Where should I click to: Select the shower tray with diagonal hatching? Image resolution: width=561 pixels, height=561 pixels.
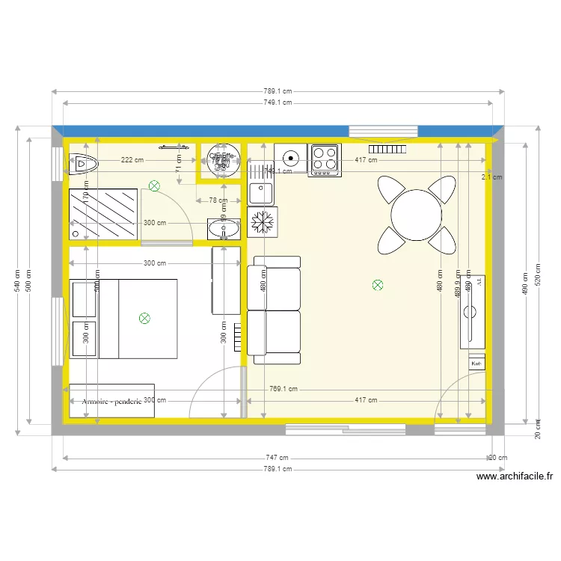tap(103, 215)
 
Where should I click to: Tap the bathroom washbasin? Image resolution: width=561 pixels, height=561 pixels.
tap(224, 228)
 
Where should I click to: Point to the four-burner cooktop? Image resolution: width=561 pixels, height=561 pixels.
tap(325, 159)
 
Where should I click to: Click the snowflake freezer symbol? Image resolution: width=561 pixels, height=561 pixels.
tap(263, 222)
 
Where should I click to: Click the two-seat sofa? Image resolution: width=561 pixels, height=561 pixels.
tap(275, 310)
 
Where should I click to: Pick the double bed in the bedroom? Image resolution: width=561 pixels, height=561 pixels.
tap(123, 319)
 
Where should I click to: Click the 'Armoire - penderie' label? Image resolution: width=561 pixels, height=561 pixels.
tap(112, 401)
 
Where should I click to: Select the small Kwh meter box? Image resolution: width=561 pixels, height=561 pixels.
tap(476, 363)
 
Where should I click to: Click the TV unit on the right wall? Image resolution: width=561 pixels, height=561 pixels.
tap(473, 311)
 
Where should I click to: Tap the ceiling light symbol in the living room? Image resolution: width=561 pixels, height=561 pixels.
tap(377, 284)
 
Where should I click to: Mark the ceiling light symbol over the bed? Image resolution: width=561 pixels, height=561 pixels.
tap(144, 318)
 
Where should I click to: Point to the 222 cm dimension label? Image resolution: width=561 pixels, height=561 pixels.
tap(132, 160)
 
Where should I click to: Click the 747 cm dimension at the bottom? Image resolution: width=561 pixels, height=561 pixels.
tap(278, 457)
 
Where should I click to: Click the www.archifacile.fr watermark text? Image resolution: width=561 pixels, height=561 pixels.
tap(514, 476)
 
